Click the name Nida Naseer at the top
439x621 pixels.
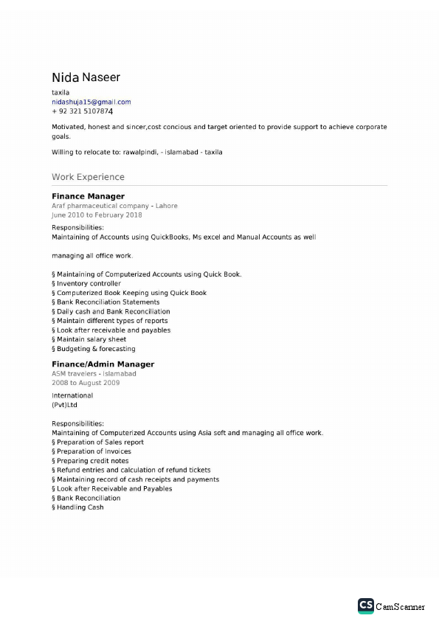pos(86,77)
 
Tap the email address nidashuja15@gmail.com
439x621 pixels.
pos(91,102)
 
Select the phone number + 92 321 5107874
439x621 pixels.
pos(82,111)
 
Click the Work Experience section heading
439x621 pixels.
pos(88,177)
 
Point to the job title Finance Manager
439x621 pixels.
pos(88,196)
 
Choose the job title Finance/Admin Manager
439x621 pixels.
pos(103,364)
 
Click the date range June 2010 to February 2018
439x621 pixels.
pos(97,215)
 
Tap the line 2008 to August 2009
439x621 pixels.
pos(86,383)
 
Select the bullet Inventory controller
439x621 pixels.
pos(89,283)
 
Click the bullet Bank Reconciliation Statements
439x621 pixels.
pos(108,302)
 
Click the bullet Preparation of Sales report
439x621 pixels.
pos(100,443)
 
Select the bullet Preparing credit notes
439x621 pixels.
pos(92,461)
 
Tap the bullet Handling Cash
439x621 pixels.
pos(80,507)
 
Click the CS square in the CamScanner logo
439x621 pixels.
pos(365,606)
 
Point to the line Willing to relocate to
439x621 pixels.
pos(136,152)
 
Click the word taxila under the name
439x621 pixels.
pos(61,92)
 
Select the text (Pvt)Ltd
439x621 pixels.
pos(64,405)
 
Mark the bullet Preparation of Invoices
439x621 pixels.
pos(94,451)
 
